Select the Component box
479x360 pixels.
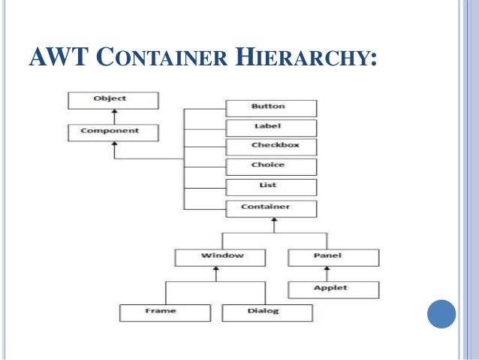[112, 132]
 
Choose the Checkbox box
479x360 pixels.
[271, 147]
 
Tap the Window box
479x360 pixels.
[220, 257]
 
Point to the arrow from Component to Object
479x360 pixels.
[113, 116]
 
